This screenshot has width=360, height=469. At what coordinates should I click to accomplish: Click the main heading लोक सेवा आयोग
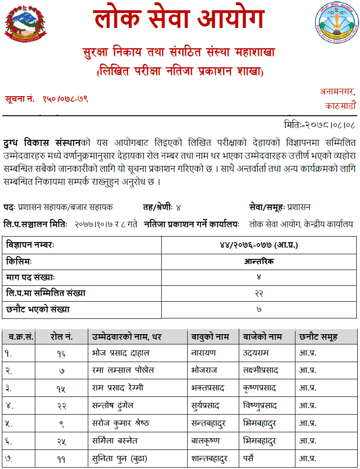point(179,20)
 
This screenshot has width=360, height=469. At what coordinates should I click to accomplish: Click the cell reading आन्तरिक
point(259,261)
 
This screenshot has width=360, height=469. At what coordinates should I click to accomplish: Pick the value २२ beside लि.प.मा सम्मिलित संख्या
point(259,293)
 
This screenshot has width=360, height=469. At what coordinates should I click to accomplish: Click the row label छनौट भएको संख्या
point(39,309)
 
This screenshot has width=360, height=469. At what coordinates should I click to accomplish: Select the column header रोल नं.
point(61,337)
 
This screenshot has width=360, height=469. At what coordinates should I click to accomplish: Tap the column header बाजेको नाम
point(262,337)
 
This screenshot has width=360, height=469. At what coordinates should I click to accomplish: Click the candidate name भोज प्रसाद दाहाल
point(120,353)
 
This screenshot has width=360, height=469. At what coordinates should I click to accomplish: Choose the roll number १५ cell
point(61,388)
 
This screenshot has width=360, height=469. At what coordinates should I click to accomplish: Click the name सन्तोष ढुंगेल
point(113,405)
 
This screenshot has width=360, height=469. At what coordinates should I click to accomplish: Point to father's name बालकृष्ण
point(205,440)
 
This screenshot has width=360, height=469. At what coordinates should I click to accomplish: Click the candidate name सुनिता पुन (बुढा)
point(119,458)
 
